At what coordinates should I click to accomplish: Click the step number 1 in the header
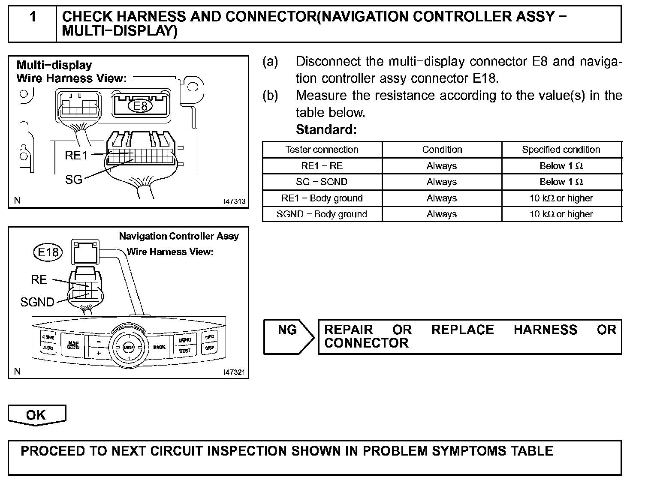click(33, 18)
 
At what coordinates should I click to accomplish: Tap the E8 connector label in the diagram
click(141, 106)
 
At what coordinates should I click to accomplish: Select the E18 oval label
click(48, 252)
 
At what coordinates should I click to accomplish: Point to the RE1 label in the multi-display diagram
click(76, 156)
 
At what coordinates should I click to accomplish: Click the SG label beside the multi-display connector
click(74, 180)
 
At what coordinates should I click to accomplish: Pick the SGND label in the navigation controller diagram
click(37, 302)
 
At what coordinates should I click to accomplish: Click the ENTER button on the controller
click(128, 347)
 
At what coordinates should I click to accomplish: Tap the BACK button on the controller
click(159, 347)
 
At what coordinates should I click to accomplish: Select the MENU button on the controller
click(185, 340)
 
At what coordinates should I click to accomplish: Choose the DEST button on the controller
click(185, 351)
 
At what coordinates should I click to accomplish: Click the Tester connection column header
click(322, 150)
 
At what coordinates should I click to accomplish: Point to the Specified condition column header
click(561, 150)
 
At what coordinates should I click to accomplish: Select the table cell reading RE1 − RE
click(322, 166)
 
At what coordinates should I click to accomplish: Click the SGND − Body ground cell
click(322, 214)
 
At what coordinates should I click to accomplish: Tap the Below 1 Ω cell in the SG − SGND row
click(561, 182)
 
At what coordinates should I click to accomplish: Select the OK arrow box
click(36, 415)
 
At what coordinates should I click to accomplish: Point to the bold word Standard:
click(326, 129)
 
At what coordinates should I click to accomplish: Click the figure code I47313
click(234, 201)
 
